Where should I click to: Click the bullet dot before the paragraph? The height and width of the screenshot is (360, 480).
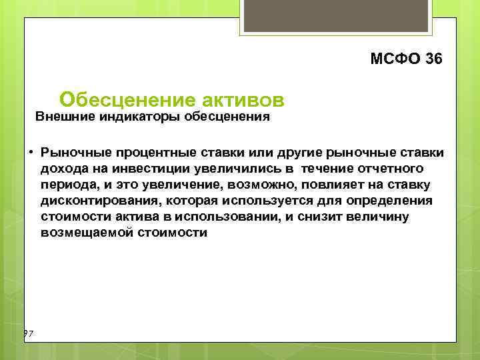click(x=31, y=151)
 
